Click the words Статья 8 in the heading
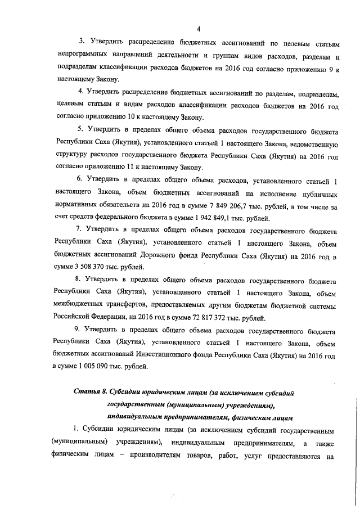click(90, 391)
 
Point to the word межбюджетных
click(78, 305)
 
